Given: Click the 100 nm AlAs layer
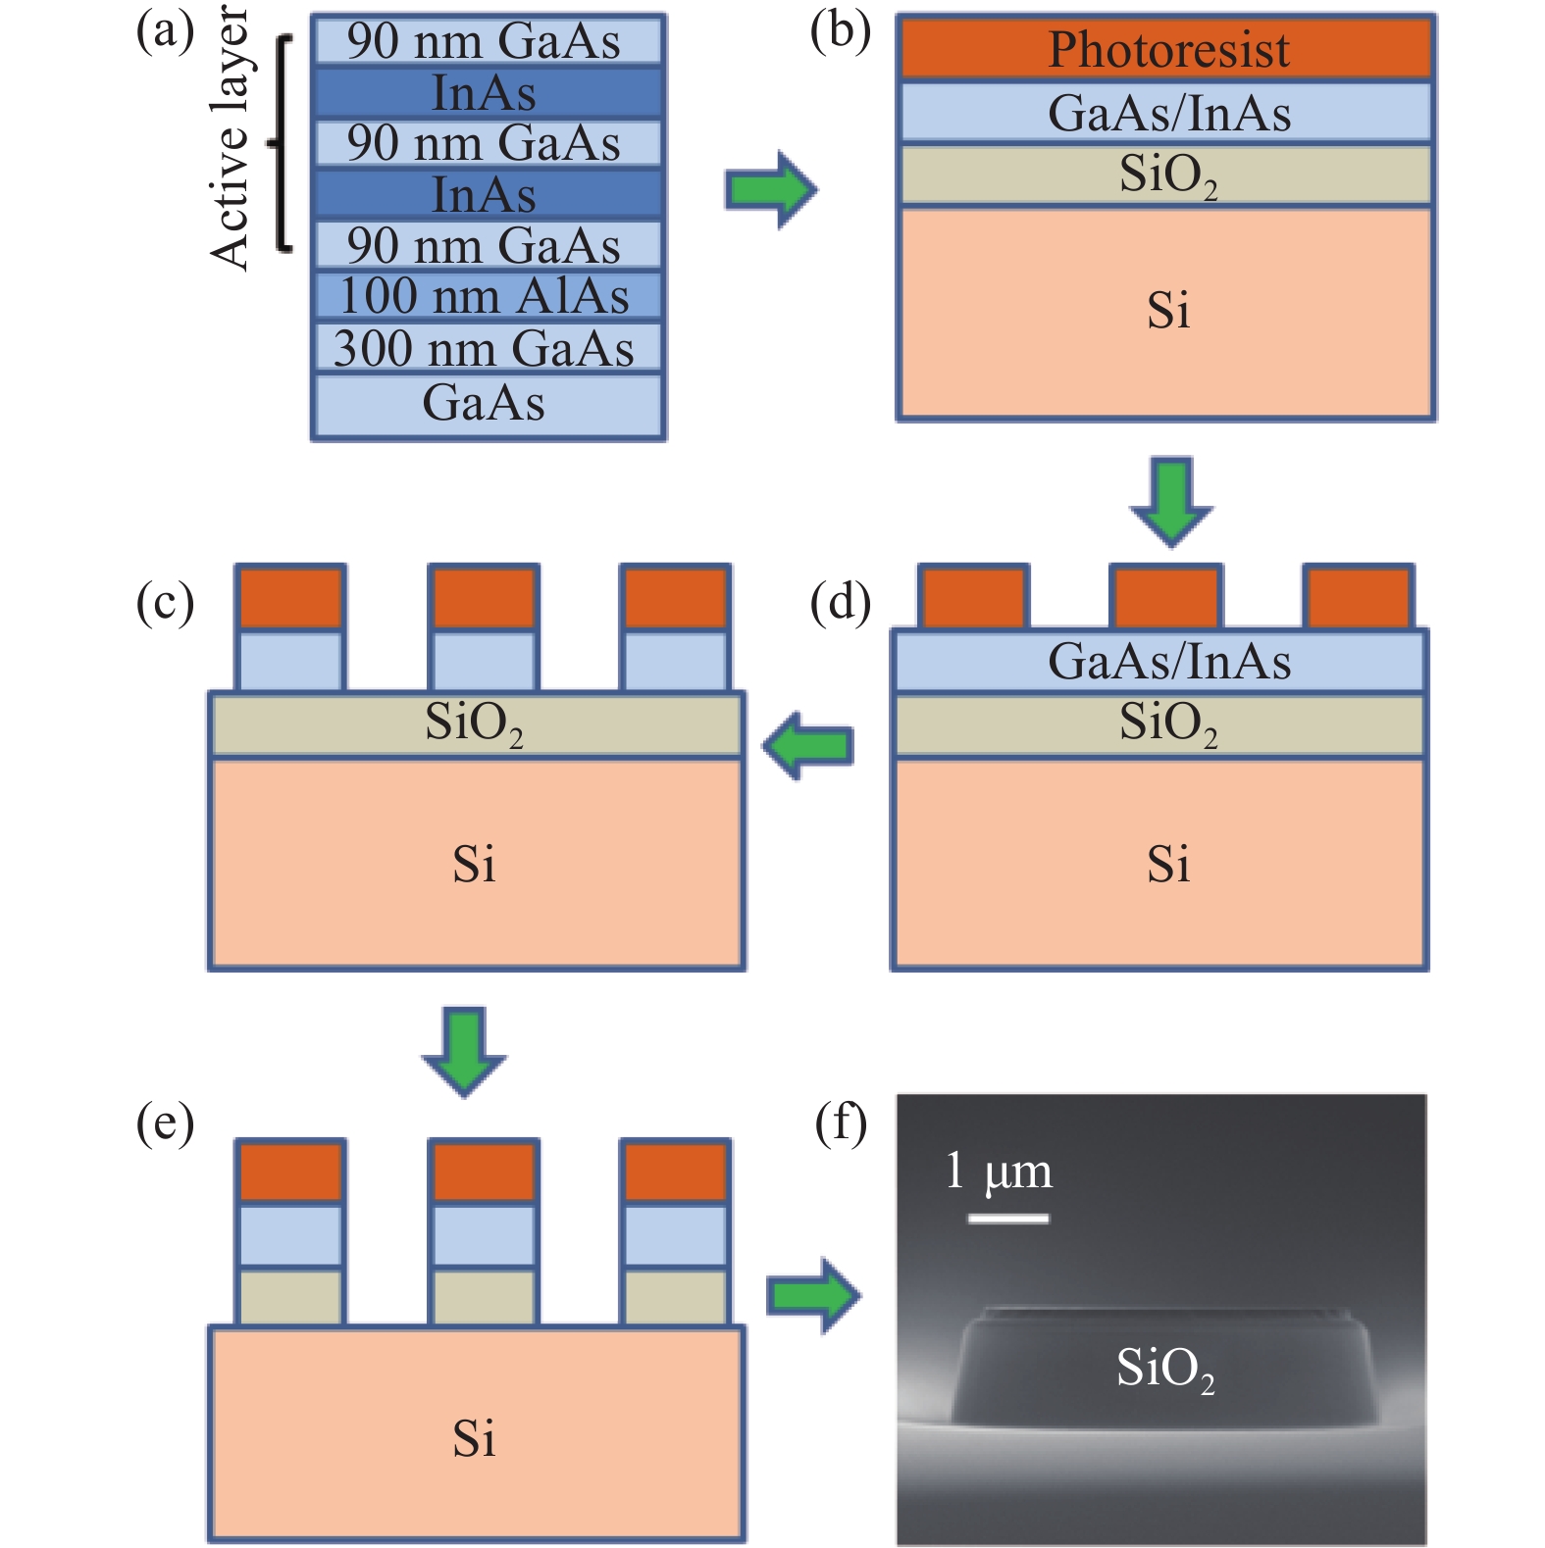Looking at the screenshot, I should [x=487, y=295].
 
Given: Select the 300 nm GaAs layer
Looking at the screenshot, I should [x=487, y=348].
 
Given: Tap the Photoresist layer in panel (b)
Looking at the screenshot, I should [x=1166, y=48].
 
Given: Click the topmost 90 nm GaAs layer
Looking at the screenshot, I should [x=487, y=41].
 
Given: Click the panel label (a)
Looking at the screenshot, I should [x=165, y=31].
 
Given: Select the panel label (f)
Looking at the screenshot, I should [x=841, y=1123].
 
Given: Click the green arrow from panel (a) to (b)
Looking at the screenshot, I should [x=770, y=189].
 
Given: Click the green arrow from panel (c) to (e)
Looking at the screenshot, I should [x=464, y=1050].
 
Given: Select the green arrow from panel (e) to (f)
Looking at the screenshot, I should [x=812, y=1296].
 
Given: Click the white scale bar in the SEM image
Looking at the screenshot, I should [x=1007, y=1219].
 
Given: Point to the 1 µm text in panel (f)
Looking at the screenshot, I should [x=998, y=1172].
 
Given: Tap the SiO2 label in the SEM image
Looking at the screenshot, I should [x=1164, y=1368].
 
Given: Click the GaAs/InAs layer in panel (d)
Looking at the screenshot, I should [x=1159, y=661].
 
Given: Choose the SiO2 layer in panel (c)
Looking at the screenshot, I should [x=477, y=724].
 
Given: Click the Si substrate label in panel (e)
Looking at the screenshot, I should [x=475, y=1438].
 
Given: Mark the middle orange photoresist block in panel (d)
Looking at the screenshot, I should [x=1165, y=596].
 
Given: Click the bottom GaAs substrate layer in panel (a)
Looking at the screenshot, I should [x=487, y=403].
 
